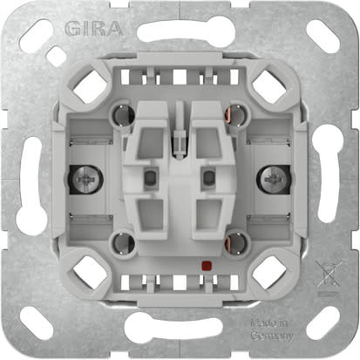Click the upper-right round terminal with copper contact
[232, 114]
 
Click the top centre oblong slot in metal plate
[180, 32]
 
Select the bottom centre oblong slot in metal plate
[180, 327]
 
